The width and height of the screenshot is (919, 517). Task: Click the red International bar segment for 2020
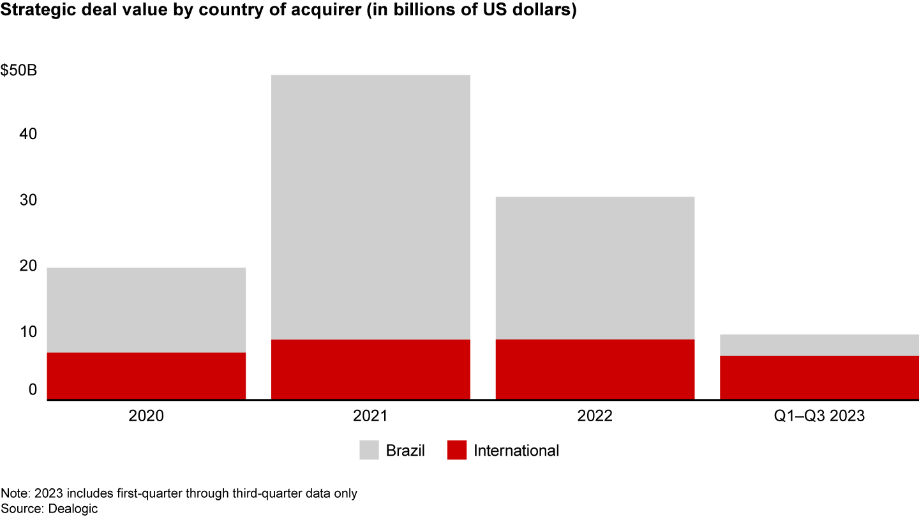pos(146,376)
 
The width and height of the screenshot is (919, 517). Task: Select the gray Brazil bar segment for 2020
pos(146,310)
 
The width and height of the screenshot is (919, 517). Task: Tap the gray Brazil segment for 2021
pos(371,207)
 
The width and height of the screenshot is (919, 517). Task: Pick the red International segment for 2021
pos(371,370)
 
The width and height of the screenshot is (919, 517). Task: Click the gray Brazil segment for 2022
pos(595,267)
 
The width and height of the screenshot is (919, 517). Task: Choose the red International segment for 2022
pos(595,370)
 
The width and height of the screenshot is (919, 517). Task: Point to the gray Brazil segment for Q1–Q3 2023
pos(819,345)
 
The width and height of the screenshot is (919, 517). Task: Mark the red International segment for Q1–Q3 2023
pos(819,378)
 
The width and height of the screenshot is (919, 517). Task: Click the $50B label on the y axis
pos(19,70)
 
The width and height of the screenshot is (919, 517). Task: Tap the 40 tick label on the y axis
pos(28,135)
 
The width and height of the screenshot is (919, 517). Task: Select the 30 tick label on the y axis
pos(28,200)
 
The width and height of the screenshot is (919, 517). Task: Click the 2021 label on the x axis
pos(371,417)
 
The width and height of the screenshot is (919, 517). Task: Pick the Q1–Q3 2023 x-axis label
pos(819,417)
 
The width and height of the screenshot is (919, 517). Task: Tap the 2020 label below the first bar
pos(146,417)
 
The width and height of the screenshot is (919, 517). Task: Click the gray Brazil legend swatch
pos(369,450)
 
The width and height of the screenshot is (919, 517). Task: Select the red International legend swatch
pos(457,450)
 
